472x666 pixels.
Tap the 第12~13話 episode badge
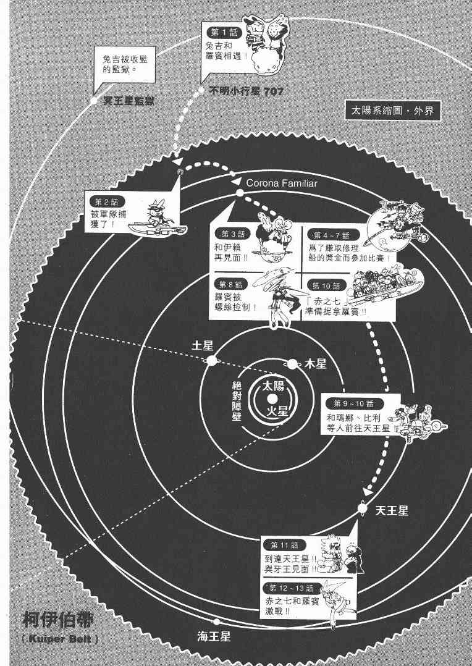click(x=291, y=587)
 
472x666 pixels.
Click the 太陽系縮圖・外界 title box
click(x=390, y=112)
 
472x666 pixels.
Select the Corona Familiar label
click(x=281, y=183)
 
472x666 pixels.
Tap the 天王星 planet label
click(x=392, y=510)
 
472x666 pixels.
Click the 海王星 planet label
click(x=214, y=636)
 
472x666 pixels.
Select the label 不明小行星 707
click(x=247, y=91)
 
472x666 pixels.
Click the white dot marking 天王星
click(x=363, y=508)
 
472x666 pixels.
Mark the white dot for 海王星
click(x=216, y=623)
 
